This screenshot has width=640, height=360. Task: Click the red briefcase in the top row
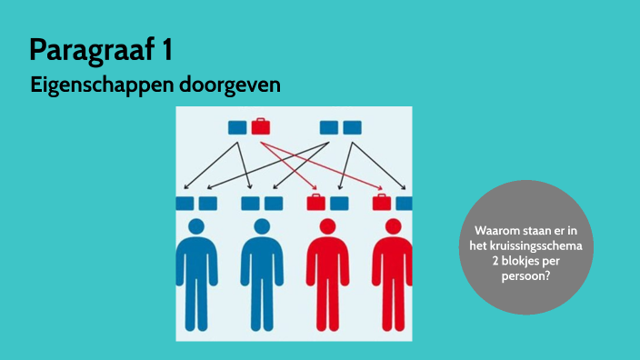point(260,126)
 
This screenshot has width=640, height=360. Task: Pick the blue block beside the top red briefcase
point(237,127)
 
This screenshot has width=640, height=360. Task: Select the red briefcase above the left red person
point(315,202)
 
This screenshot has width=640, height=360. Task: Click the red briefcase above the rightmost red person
point(382,202)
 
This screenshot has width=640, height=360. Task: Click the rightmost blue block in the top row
point(351,127)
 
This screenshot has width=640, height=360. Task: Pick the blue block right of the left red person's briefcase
point(338,203)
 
